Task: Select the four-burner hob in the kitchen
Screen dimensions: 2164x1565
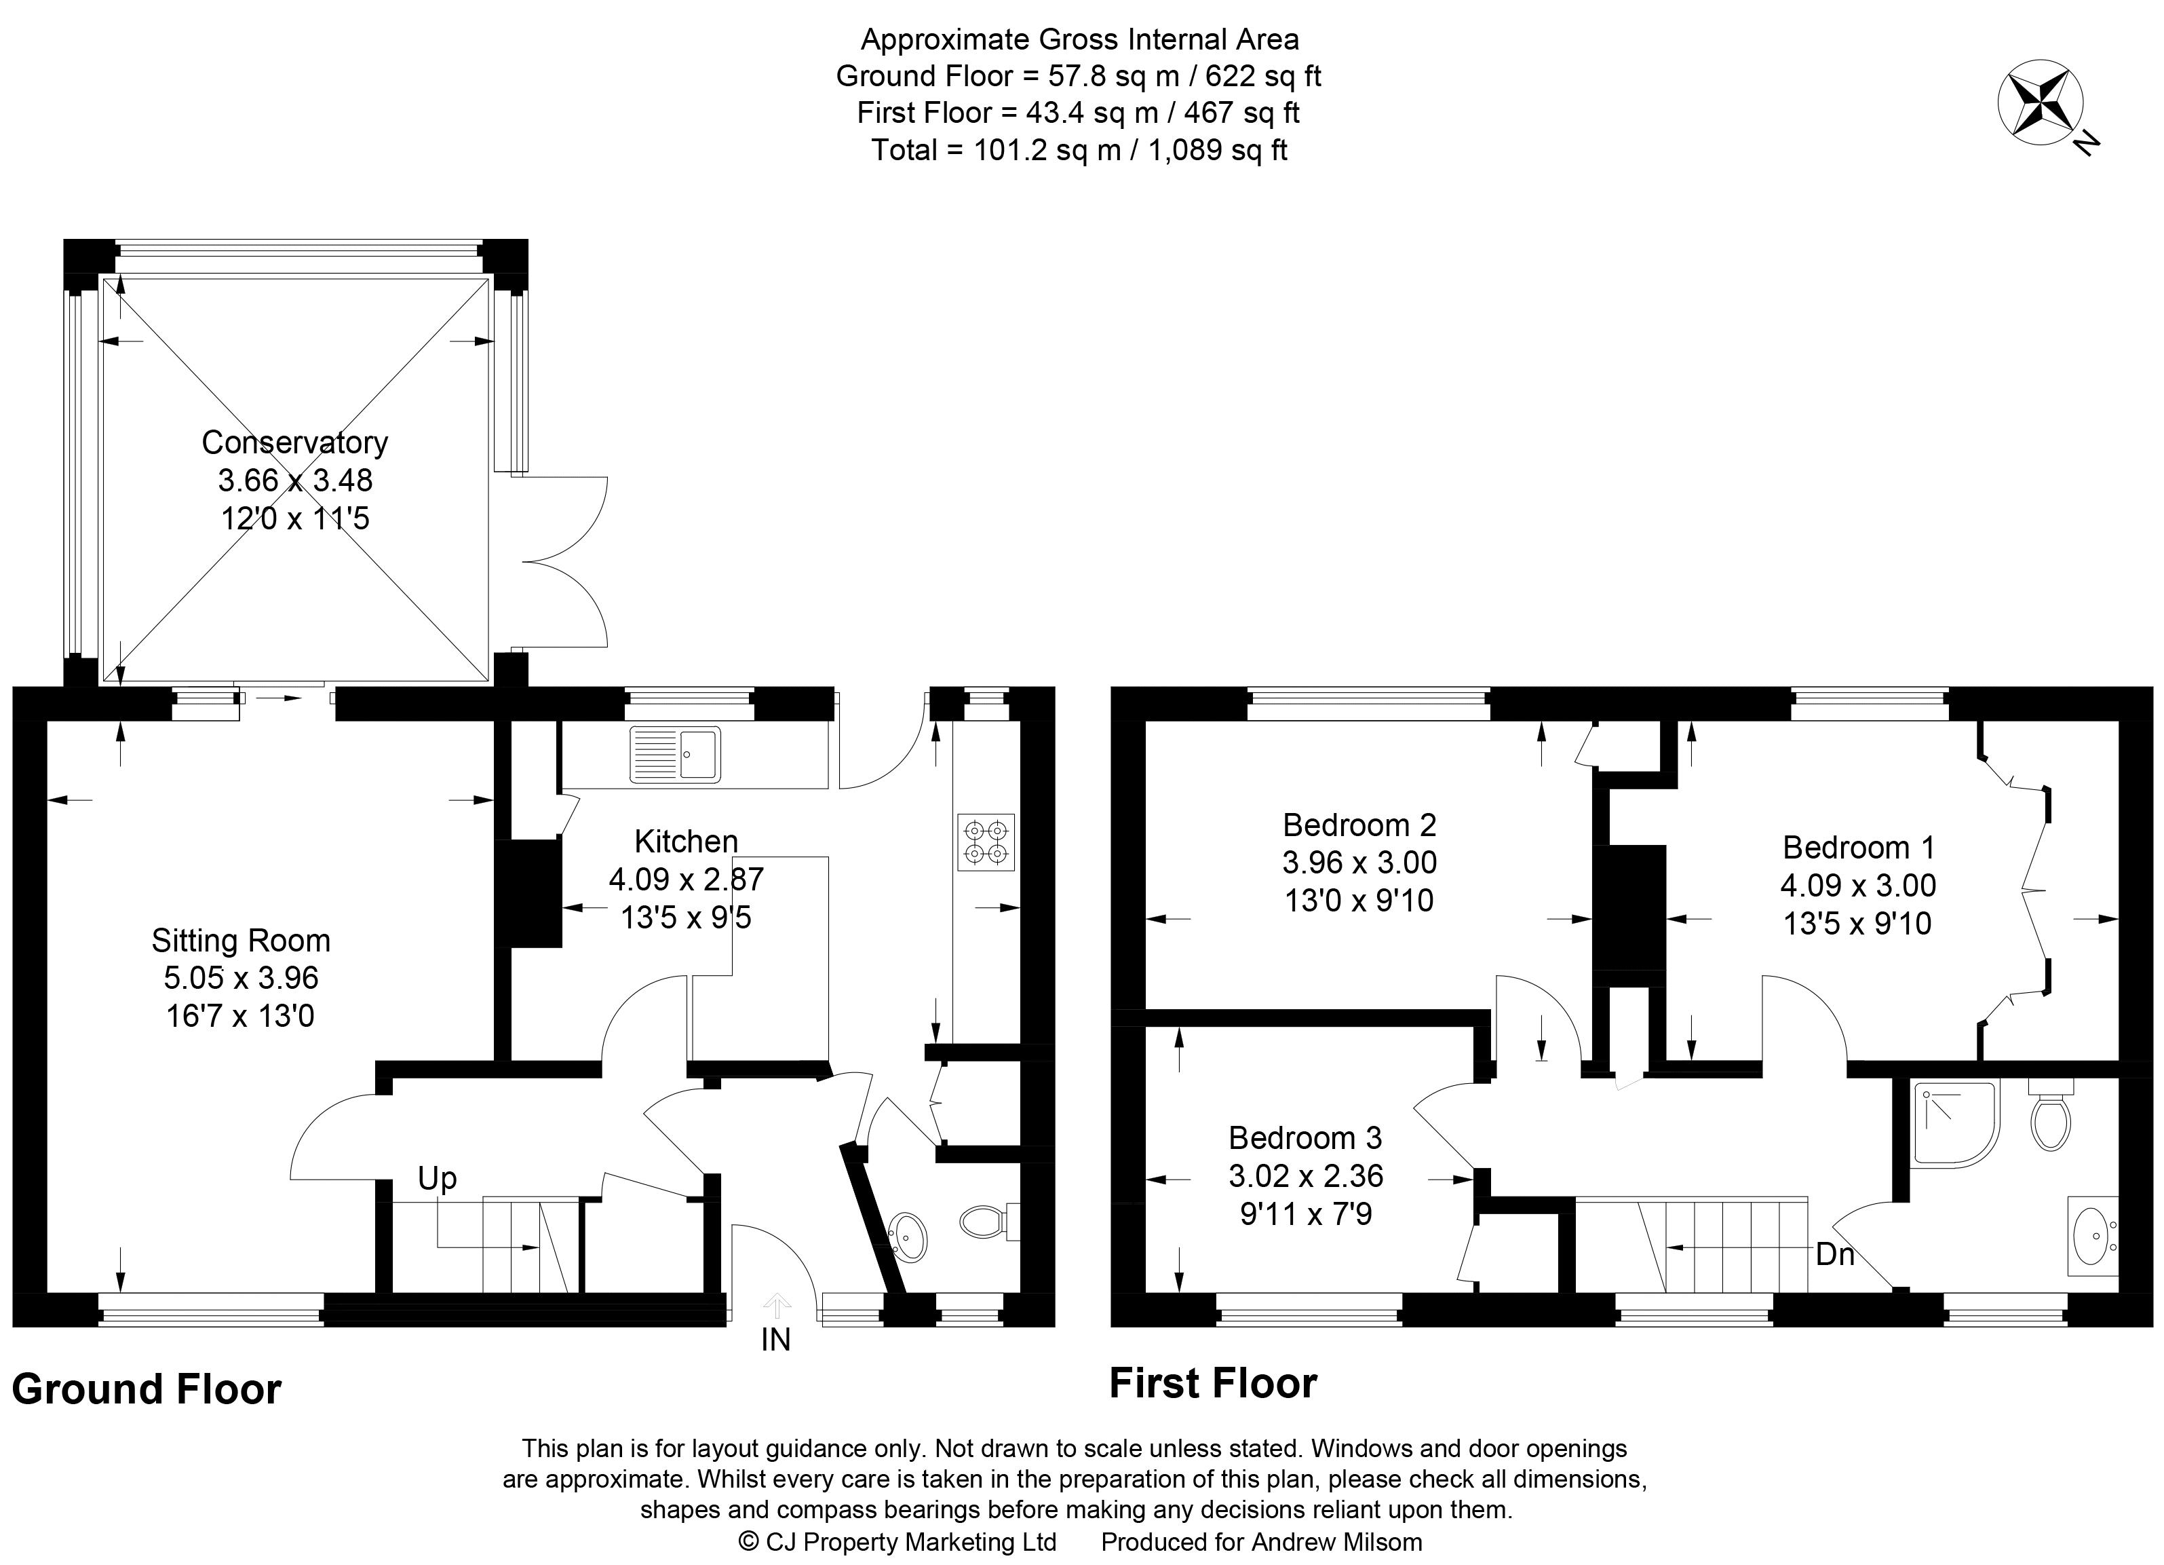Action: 986,842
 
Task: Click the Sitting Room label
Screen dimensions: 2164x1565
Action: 241,941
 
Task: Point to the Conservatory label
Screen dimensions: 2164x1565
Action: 295,442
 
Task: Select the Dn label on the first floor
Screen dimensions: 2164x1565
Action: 1834,1254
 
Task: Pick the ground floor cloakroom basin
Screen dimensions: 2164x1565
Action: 906,1236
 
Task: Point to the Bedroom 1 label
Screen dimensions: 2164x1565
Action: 1859,848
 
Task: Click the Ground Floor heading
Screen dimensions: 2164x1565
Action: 147,1389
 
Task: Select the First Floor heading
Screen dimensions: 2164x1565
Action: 1213,1384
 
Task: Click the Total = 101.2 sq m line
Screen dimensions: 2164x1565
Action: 1079,150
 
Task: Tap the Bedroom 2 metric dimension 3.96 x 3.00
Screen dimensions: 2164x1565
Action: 1359,863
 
